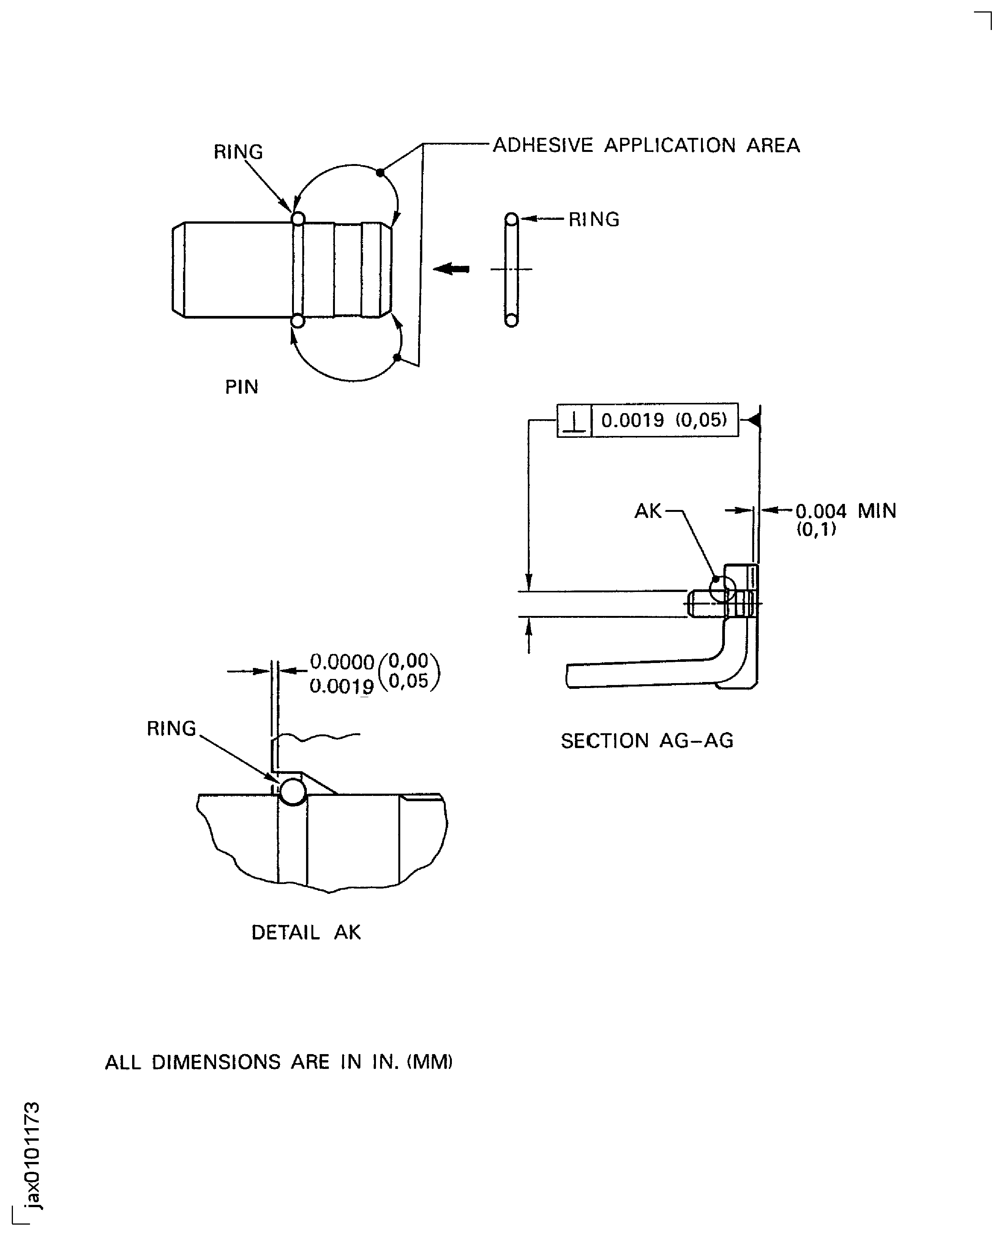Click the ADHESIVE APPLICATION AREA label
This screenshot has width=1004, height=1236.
(646, 145)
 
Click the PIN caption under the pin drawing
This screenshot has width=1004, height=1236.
(241, 387)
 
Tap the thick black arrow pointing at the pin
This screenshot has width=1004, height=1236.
(451, 269)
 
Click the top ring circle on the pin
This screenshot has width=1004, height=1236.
(298, 219)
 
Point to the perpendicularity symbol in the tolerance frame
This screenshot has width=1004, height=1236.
(574, 420)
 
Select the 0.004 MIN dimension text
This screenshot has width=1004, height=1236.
(846, 511)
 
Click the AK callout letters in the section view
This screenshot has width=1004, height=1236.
(648, 511)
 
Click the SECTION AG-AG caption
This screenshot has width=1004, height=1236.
(647, 741)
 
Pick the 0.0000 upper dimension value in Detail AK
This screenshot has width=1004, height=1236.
(342, 661)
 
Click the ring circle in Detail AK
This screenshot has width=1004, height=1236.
(293, 792)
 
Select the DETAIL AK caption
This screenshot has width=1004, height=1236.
(306, 932)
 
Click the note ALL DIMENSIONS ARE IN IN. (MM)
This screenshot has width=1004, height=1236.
(279, 1062)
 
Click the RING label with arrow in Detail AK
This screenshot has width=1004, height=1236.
(171, 729)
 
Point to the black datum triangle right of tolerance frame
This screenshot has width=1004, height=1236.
(754, 420)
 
